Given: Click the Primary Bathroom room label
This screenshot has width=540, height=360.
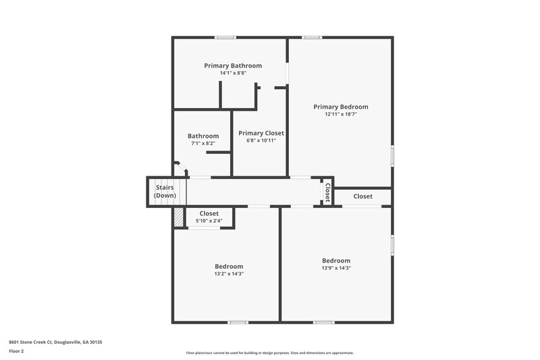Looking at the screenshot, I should (233, 66).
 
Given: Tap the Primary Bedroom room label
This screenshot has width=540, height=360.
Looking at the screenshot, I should (341, 107).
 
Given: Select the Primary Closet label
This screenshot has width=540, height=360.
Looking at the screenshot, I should (261, 133).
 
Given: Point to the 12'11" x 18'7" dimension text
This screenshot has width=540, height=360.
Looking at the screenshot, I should (341, 114).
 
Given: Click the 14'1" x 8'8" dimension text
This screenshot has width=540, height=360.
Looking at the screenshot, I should (233, 73).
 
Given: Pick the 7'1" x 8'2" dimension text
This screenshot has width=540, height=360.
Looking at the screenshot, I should (203, 143).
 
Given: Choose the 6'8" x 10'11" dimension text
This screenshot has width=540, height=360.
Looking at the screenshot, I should (261, 140).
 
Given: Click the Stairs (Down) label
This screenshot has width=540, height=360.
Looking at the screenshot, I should (165, 191).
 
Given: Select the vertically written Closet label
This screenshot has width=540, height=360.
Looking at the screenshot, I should (327, 192).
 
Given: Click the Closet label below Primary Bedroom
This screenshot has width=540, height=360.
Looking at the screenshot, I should (362, 197).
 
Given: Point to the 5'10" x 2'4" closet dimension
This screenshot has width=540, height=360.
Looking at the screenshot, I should (209, 221).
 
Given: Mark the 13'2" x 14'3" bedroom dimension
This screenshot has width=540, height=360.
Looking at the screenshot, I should (229, 274).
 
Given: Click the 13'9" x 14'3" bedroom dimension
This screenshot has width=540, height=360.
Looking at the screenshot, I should (336, 268).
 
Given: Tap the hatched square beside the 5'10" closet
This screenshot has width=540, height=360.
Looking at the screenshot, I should (178, 217).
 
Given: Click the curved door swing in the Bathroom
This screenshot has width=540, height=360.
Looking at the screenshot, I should (180, 168).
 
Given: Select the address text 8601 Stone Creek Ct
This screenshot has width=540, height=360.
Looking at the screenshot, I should (55, 342).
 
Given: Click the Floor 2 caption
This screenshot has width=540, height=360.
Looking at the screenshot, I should (16, 352).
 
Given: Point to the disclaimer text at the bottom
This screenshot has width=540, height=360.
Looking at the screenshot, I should (269, 353).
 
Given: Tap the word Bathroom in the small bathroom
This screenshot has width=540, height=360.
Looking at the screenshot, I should (203, 136).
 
